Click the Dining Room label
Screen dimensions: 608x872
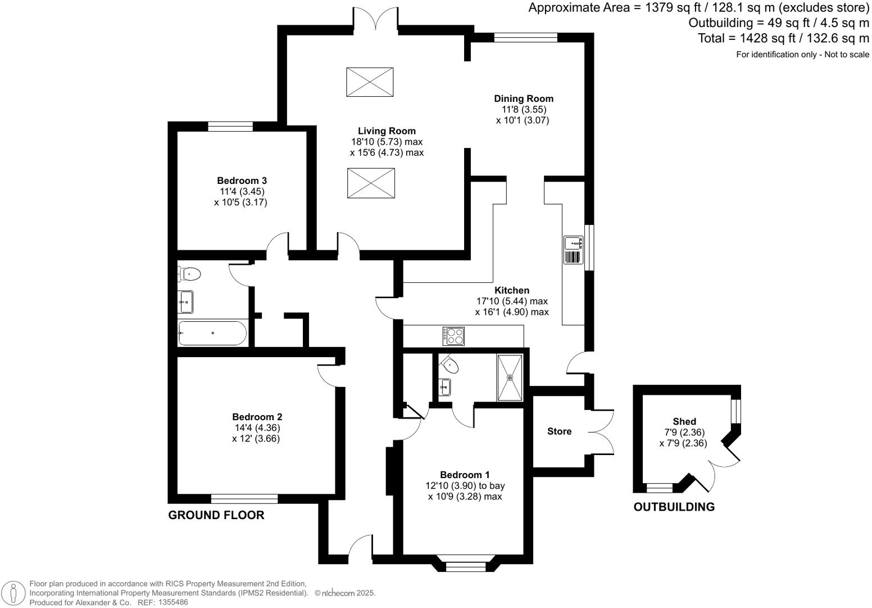pos(524,99)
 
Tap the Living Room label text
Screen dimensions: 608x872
pos(387,131)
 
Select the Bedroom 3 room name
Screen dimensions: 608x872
pos(242,181)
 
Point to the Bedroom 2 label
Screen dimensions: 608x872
pos(257,417)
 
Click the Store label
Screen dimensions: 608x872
pos(559,431)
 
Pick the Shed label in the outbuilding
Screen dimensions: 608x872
pos(684,421)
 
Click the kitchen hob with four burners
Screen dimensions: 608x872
pos(454,336)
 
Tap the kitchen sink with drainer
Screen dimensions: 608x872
pos(573,250)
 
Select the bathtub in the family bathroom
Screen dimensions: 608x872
pos(212,333)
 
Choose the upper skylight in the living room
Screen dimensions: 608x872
pos(370,82)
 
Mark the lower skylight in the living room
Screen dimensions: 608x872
pos(370,183)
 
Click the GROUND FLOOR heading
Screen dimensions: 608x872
pos(216,515)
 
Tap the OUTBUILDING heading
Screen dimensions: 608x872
pos(674,507)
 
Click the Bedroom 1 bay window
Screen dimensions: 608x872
pos(465,564)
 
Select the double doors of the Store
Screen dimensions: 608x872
pos(602,432)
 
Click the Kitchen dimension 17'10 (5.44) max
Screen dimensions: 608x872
pos(511,301)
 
